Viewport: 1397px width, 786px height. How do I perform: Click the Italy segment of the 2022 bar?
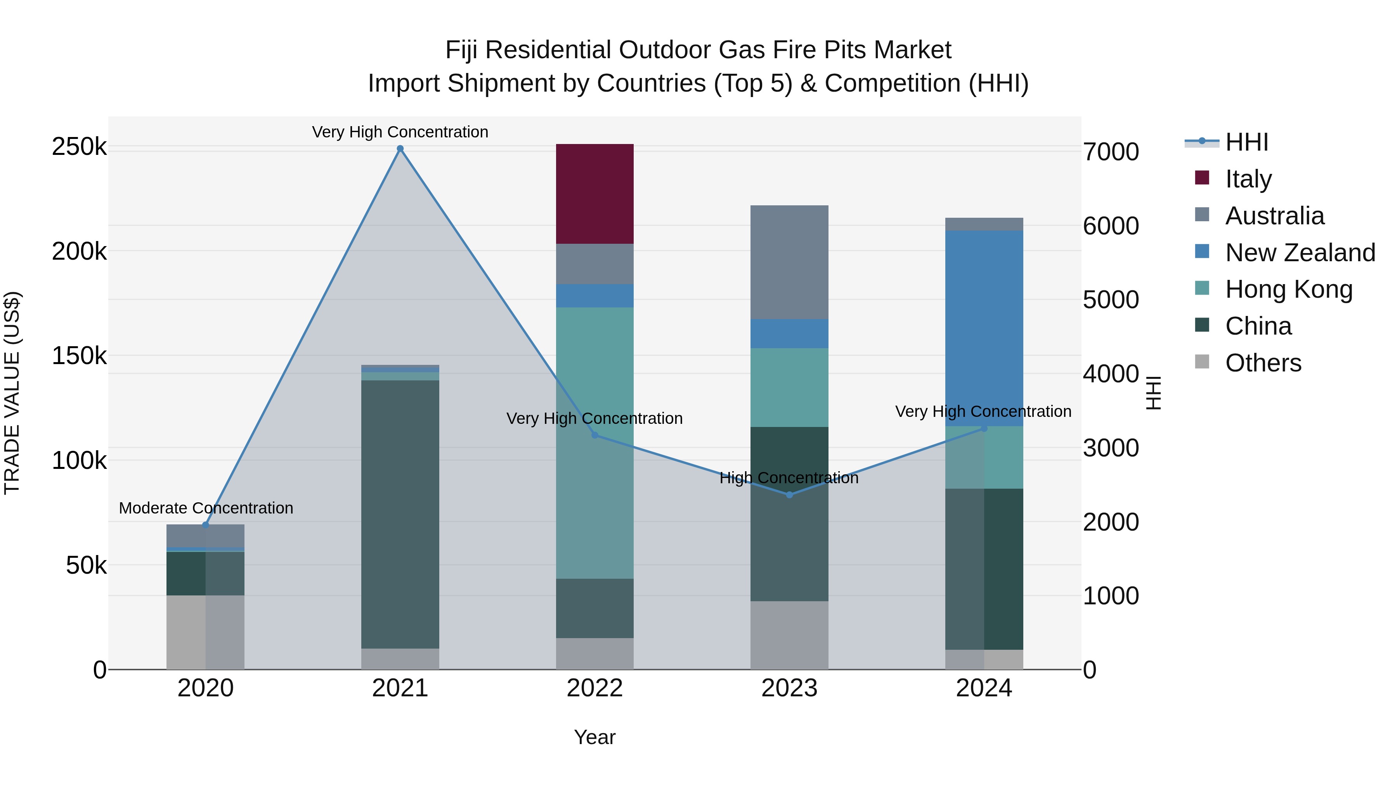pos(595,194)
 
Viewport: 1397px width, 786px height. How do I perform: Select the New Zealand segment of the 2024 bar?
pos(984,328)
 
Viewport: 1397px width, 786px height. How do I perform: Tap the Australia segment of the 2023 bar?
pos(789,262)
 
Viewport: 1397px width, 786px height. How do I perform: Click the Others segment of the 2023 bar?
pos(789,635)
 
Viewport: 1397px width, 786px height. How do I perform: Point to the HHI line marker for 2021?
pos(400,149)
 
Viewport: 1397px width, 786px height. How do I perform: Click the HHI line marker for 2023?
pos(789,495)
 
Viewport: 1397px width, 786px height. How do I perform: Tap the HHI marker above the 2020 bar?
pos(206,524)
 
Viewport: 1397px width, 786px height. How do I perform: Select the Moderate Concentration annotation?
pos(206,508)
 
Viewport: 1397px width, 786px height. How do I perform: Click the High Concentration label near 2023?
pos(789,478)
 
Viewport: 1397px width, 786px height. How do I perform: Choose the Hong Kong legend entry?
pos(1288,289)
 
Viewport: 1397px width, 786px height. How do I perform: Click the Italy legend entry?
pos(1248,179)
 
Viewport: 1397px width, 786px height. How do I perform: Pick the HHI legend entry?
pos(1246,142)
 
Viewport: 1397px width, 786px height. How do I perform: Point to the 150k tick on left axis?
pos(79,356)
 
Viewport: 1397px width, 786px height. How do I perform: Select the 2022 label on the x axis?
pos(595,688)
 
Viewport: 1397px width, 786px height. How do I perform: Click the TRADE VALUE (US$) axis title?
pos(12,393)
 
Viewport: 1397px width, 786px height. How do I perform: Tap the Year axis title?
pos(595,737)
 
